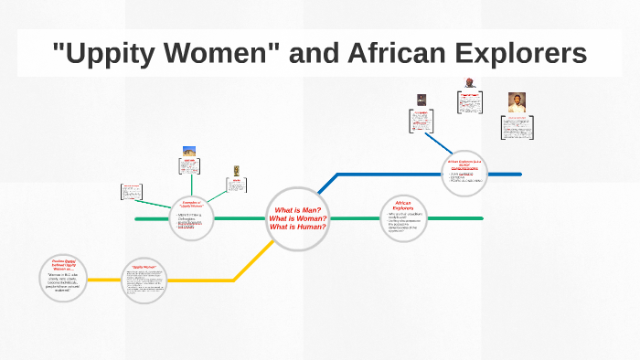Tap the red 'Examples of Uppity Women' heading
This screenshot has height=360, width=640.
[x=192, y=206]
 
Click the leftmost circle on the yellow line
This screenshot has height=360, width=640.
[x=68, y=280]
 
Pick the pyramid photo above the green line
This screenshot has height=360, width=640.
[x=189, y=151]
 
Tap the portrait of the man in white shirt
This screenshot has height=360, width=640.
[x=517, y=102]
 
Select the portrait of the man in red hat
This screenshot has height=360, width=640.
[x=469, y=83]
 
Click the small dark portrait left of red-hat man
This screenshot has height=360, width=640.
[x=421, y=100]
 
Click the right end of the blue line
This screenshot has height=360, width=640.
[x=519, y=173]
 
